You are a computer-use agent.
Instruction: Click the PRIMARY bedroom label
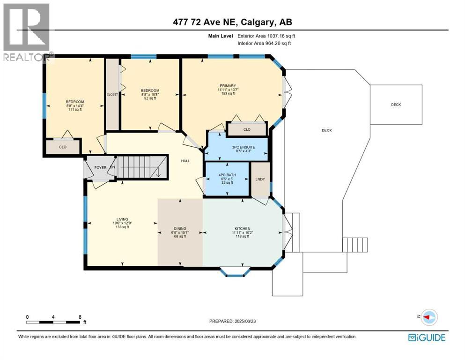point(226,86)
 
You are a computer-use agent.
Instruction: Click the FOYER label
point(100,167)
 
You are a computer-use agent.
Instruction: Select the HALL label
point(185,161)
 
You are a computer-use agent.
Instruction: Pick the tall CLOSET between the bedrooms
point(112,94)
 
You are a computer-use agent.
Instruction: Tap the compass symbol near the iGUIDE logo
point(429,317)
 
